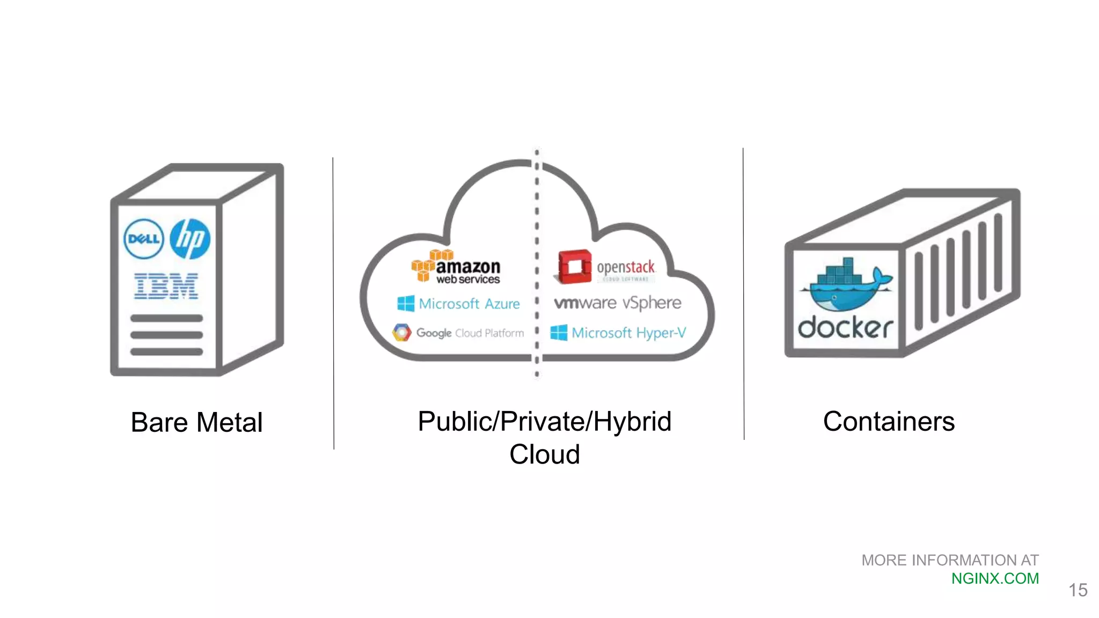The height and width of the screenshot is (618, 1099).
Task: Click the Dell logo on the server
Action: pos(143,239)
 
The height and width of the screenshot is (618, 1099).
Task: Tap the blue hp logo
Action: pos(190,239)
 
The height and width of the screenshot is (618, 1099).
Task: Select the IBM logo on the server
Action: pos(166,286)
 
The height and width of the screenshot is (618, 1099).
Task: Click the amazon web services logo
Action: pos(456,267)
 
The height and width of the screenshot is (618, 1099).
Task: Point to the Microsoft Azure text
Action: pos(469,304)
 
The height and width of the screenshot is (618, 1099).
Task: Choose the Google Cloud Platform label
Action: pos(470,333)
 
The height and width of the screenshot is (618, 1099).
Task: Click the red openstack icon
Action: pos(574,266)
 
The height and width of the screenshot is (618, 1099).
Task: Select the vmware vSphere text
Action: pos(617,303)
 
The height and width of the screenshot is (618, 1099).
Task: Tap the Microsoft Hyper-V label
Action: pos(628,333)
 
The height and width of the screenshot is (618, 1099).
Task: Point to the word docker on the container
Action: pos(845,327)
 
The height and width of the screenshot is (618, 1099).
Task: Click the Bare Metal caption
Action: pos(196,422)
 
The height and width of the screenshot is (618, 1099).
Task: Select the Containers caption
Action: pos(889,421)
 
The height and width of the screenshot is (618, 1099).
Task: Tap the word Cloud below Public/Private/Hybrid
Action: pos(544,454)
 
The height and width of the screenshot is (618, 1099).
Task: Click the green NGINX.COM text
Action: pos(994,578)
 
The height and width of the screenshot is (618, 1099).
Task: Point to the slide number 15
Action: pos(1078,590)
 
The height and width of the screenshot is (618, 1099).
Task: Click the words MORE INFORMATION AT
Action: pos(949,560)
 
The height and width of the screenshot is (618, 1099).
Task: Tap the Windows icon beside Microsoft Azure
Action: pos(406,304)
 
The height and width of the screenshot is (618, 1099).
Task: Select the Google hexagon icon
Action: pos(401,333)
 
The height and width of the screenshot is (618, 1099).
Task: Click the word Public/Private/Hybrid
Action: pos(544,421)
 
